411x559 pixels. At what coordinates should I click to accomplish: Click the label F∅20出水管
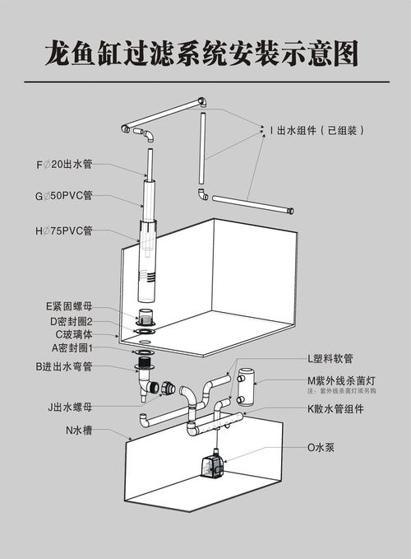pyautogui.click(x=64, y=165)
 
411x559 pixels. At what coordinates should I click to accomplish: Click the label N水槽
pyautogui.click(x=80, y=429)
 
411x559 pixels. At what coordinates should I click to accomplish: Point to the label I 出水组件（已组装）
pyautogui.click(x=317, y=130)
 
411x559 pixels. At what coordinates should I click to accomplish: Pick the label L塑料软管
pyautogui.click(x=330, y=359)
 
